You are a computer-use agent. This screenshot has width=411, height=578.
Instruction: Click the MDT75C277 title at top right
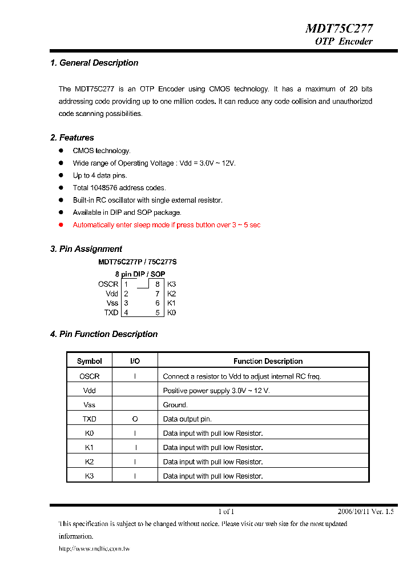click(339, 29)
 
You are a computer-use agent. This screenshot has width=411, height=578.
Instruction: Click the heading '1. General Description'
click(94, 63)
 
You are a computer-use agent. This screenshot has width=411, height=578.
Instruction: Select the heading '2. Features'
click(72, 138)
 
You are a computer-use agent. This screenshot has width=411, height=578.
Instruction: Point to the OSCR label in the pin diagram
click(108, 284)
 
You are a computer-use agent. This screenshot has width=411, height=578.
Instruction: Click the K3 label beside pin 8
click(172, 284)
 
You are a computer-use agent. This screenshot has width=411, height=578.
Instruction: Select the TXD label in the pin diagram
click(111, 312)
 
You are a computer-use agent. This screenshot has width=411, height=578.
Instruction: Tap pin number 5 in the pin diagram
click(158, 312)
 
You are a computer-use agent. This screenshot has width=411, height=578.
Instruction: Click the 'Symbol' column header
click(90, 361)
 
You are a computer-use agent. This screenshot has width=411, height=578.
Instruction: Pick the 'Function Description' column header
click(268, 361)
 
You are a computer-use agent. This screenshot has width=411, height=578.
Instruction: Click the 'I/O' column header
click(135, 361)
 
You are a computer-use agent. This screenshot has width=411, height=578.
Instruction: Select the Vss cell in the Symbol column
click(90, 405)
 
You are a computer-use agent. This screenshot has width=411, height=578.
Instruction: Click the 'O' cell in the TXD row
click(135, 419)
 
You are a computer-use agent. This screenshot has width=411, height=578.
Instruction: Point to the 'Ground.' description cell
click(175, 405)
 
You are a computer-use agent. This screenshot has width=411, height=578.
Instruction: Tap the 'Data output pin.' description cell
click(187, 419)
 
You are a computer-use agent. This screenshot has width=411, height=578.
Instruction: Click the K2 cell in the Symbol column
click(90, 462)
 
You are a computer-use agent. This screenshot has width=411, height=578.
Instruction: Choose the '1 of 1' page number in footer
click(226, 512)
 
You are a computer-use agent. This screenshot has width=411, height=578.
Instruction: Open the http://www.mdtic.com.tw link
click(94, 549)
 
